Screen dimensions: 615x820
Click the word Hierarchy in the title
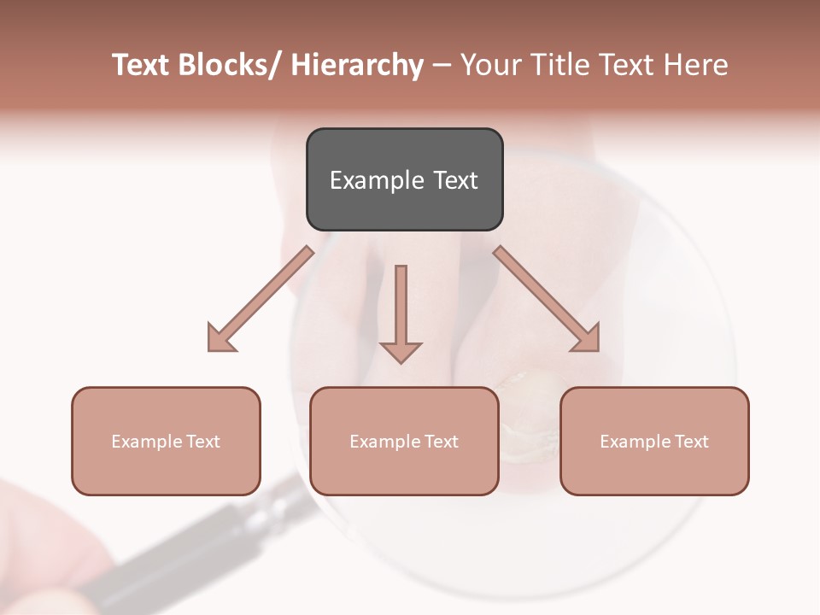click(x=357, y=65)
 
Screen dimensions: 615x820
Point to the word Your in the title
click(x=490, y=65)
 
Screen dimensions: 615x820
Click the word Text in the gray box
click(x=455, y=181)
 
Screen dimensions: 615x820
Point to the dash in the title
click(x=441, y=65)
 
